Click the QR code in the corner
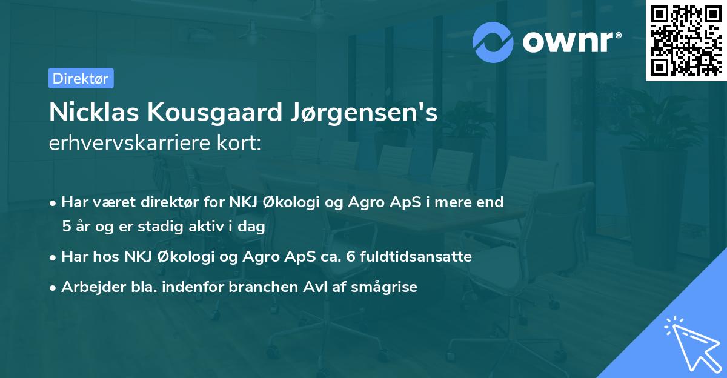pos(686,41)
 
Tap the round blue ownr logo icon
pos(493,42)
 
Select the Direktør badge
pos(81,78)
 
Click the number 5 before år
pos(66,227)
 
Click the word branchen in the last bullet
pos(255,287)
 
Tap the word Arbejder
pos(88,287)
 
